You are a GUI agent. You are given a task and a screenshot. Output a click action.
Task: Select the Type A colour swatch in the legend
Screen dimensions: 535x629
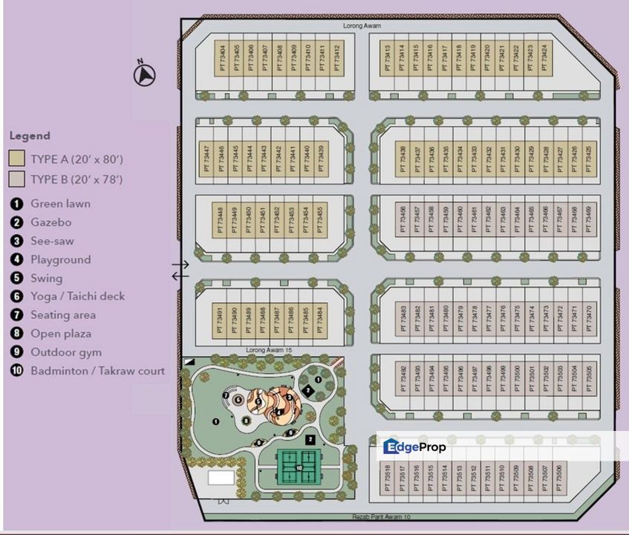tap(16, 159)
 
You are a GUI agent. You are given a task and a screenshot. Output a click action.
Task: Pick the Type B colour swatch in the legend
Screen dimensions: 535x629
tap(16, 179)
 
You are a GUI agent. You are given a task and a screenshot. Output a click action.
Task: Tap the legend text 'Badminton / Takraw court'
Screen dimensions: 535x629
tap(97, 371)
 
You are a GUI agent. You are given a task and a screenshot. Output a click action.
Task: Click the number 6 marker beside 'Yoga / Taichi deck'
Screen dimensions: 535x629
tap(16, 296)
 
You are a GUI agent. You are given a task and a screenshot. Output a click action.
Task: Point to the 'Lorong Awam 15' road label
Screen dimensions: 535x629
tap(268, 349)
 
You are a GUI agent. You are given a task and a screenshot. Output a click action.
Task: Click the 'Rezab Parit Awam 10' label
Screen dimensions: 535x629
tap(381, 516)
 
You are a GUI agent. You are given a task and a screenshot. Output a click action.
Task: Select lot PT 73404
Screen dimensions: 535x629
tap(223, 58)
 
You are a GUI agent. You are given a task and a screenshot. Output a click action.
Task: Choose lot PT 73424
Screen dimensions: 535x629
tap(545, 58)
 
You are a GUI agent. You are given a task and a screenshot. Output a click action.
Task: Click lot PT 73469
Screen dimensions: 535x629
tap(589, 220)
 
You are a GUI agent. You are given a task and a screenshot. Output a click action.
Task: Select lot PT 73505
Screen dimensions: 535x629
tap(589, 378)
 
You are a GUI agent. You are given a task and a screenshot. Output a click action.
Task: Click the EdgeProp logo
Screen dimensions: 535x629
tap(414, 447)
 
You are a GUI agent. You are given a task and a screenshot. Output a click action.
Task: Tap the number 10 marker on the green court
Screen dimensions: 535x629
tap(298, 467)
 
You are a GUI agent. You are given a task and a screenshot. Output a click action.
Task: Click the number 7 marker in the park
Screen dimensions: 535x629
tap(226, 396)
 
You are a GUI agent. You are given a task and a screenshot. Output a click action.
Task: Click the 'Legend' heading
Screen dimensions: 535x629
tap(30, 136)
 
